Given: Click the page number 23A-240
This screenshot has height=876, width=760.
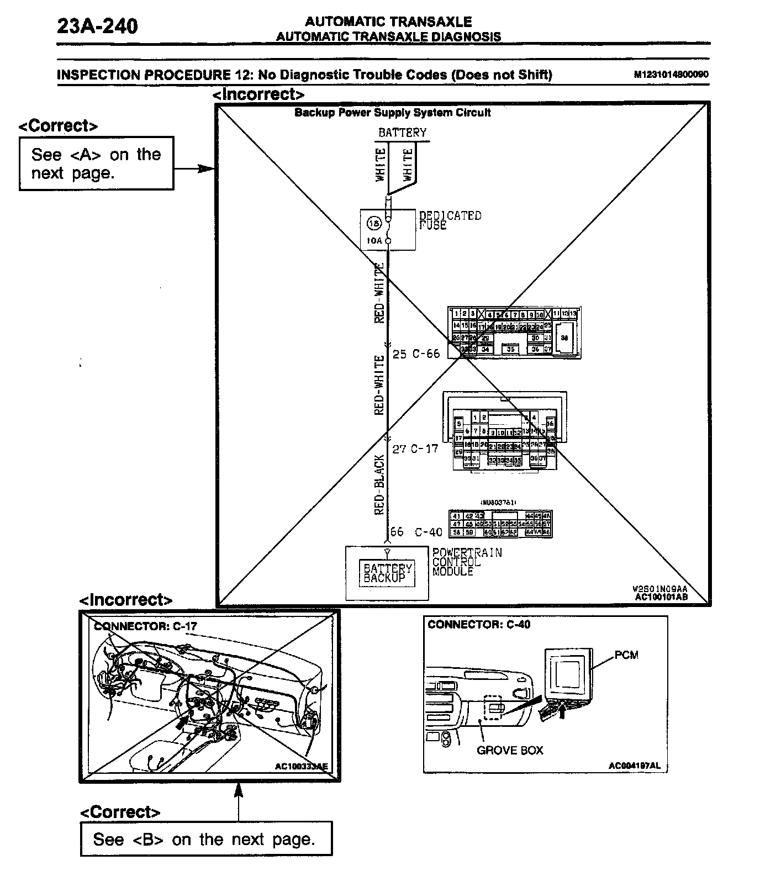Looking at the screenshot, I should [97, 26].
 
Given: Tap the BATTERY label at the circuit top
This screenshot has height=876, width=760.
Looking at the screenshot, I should [402, 133].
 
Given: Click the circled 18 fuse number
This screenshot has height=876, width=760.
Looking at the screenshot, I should [374, 224].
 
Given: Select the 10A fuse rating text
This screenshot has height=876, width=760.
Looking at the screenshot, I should [374, 241].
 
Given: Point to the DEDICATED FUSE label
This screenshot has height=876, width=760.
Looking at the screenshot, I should [450, 220].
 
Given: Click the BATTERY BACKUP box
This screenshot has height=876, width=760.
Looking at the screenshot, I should [388, 573].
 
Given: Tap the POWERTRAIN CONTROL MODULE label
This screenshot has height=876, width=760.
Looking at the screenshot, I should [467, 562].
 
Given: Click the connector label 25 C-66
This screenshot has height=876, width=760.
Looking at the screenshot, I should [416, 354].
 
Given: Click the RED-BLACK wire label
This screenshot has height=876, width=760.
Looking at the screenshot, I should [379, 484].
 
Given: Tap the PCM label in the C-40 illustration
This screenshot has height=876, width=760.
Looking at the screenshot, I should [626, 655].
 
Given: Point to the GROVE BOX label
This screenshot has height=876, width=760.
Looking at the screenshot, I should [510, 750].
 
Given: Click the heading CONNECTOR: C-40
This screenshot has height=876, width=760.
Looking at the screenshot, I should [479, 624].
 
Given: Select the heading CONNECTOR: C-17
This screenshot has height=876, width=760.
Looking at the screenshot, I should [145, 626].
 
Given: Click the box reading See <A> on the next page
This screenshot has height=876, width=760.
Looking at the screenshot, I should [96, 163].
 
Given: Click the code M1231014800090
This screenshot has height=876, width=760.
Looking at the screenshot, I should [671, 75].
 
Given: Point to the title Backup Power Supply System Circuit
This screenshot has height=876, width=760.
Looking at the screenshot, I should [392, 113].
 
